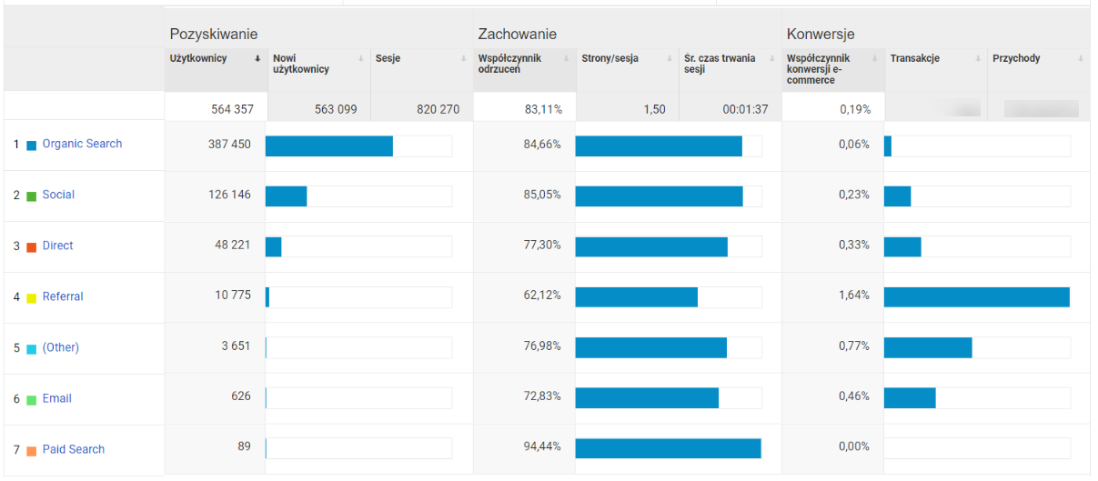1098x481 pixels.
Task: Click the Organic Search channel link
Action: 82,144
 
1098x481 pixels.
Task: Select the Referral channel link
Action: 63,296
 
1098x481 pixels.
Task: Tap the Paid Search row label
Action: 73,449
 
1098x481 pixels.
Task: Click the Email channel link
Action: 56,398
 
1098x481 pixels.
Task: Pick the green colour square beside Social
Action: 31,195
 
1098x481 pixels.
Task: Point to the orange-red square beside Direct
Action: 31,246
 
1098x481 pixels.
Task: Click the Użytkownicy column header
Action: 198,59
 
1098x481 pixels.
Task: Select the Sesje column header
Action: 388,59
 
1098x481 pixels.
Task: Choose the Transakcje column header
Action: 915,59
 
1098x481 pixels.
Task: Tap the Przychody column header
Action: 1016,59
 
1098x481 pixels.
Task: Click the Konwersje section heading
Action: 820,35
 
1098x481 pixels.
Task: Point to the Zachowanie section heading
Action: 517,35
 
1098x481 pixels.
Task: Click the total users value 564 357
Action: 232,109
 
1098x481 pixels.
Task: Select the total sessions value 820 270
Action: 438,109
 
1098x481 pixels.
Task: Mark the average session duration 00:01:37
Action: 746,109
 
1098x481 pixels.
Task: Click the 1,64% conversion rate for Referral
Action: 853,296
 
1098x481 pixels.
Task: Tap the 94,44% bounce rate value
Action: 542,446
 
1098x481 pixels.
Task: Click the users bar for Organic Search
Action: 329,146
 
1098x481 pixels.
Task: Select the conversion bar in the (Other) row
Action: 928,347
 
